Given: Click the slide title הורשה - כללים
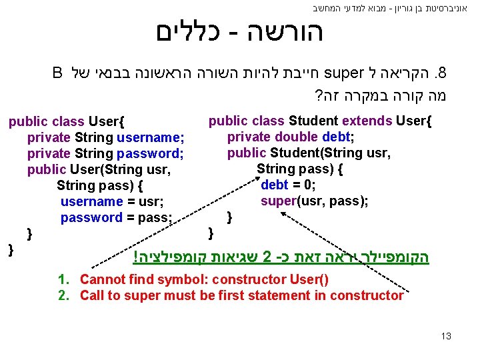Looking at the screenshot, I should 239,32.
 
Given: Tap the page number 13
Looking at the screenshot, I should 446,336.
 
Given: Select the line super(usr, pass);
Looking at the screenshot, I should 314,201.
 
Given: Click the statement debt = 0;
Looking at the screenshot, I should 288,185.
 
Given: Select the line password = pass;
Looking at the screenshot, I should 116,217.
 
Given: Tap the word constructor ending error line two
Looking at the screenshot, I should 371,295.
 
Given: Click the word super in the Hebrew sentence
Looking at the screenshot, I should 345,72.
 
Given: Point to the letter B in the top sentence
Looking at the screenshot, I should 57,72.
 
